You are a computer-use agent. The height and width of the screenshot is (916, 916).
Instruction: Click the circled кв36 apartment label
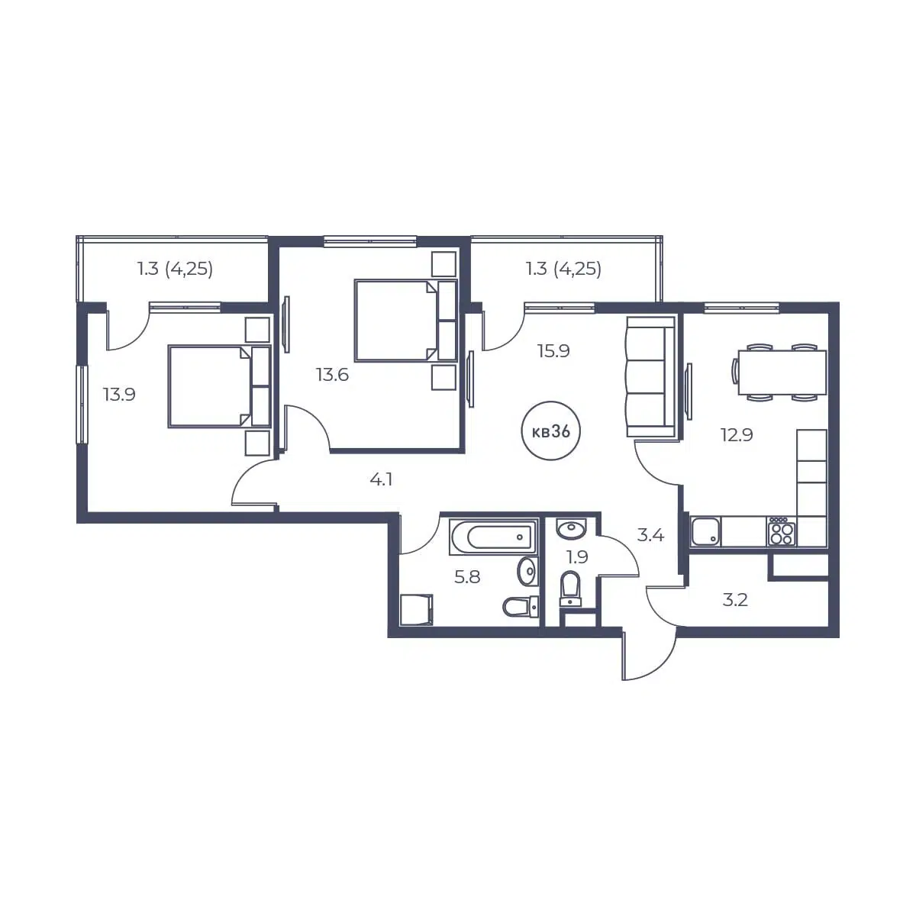tap(551, 431)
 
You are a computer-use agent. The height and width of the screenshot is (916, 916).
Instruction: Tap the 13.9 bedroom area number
tap(119, 395)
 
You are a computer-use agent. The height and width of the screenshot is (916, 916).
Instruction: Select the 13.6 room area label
tap(332, 375)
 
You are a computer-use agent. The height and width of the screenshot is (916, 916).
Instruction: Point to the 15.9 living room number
tap(553, 351)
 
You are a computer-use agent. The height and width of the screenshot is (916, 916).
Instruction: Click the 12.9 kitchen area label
tap(737, 435)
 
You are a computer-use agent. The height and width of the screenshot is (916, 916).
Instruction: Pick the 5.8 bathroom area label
tap(467, 577)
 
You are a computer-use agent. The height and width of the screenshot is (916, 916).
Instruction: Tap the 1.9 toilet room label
tap(578, 556)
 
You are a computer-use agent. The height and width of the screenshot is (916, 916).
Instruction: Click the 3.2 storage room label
tap(735, 601)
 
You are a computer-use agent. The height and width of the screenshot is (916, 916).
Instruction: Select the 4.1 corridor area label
tap(381, 480)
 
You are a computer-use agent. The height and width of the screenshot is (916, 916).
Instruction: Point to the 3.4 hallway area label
tap(650, 536)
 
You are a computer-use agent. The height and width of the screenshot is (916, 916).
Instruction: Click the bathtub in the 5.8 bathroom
tap(493, 537)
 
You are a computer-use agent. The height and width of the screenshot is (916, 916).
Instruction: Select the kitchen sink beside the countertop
tap(706, 531)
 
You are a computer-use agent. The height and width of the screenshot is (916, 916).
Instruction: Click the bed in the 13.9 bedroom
tap(219, 386)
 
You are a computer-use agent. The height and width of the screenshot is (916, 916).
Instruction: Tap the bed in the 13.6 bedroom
tap(405, 321)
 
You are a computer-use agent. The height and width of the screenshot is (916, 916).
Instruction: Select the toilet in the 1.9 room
tap(570, 588)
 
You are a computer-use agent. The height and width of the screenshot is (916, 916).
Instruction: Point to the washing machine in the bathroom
tap(417, 609)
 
